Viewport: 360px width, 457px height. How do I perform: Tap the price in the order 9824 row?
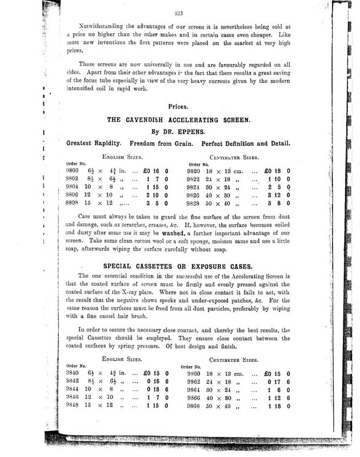277,186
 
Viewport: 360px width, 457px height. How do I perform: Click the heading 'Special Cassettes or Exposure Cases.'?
180,266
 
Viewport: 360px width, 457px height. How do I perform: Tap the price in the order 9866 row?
277,398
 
